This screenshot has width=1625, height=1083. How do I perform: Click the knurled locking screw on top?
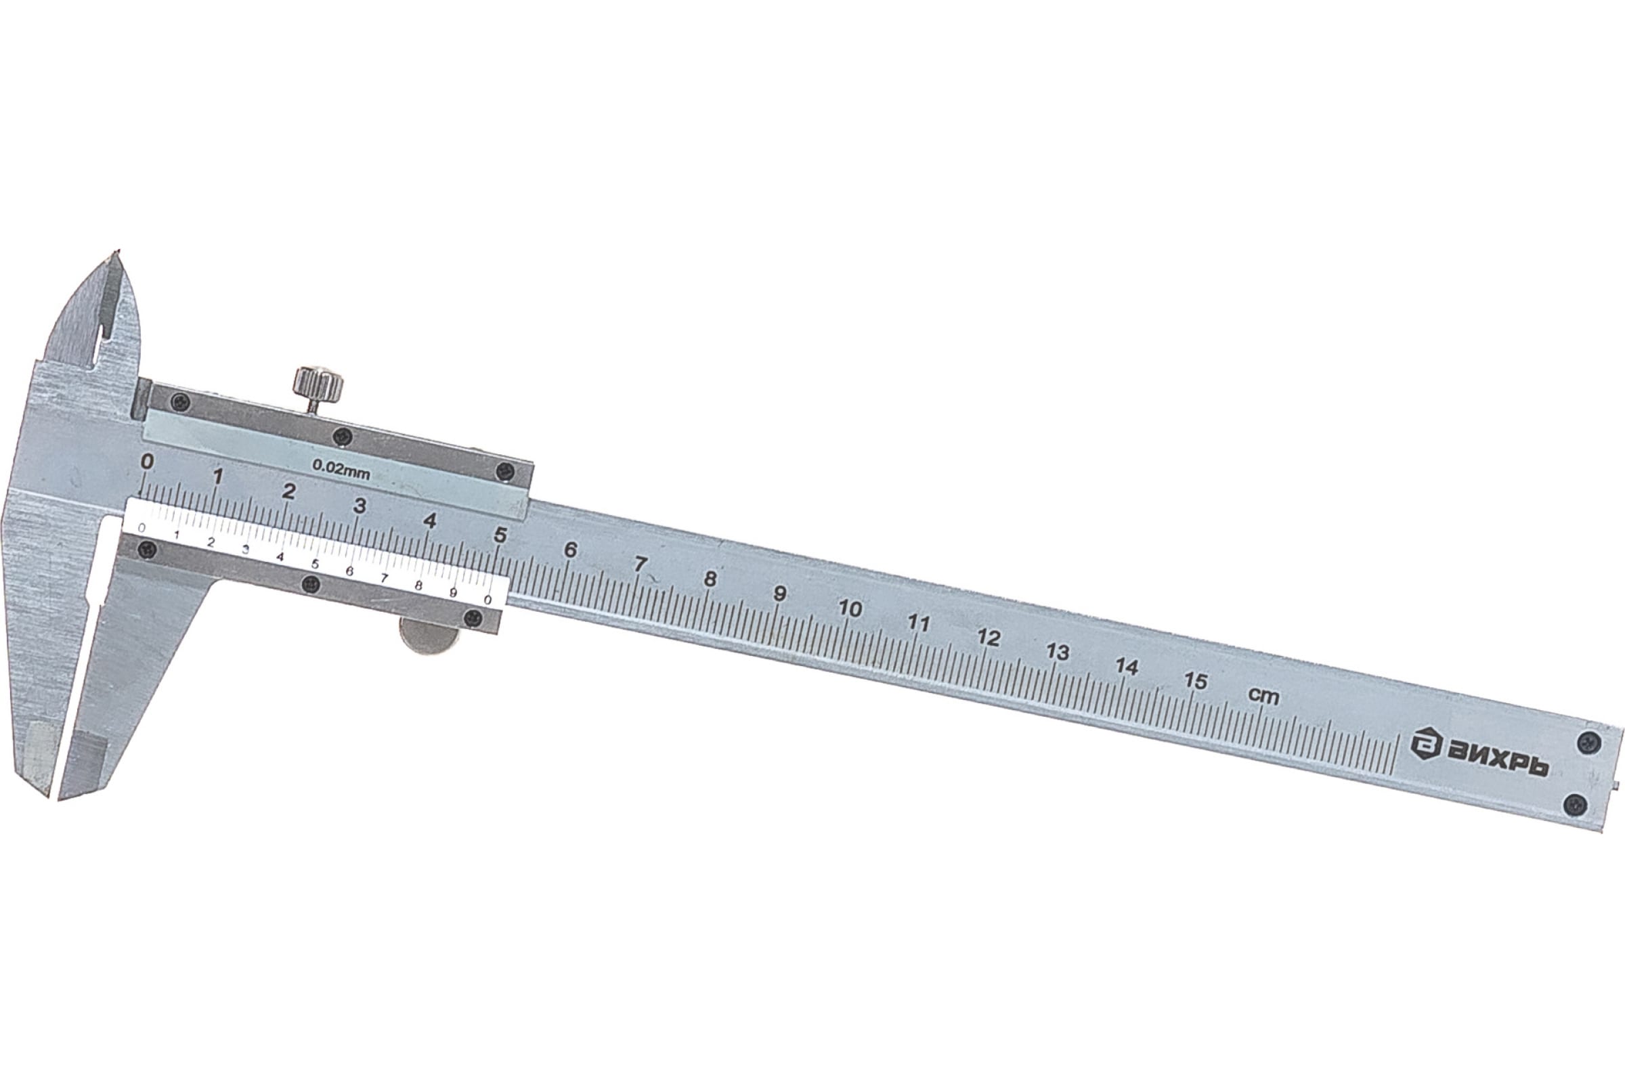coord(318,384)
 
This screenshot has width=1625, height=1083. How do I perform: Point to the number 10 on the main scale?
coord(850,609)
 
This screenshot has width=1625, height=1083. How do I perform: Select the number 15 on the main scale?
coord(1195,681)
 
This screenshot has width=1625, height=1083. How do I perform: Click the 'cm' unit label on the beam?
coord(1263,696)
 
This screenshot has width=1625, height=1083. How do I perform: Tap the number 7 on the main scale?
coord(640,565)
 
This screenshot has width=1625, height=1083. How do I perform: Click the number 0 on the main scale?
coord(146,461)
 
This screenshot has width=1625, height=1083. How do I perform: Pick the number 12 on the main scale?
coord(989,638)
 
